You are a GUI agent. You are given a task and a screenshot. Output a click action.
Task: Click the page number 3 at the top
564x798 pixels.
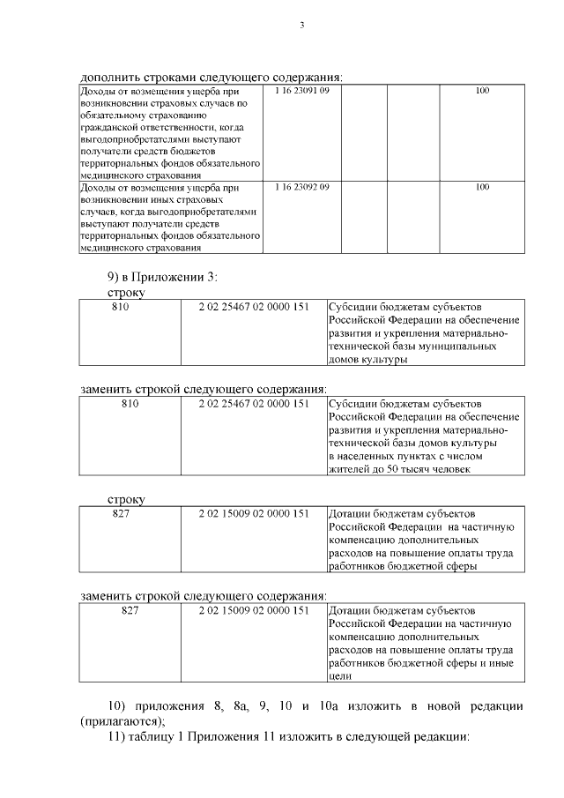click(301, 25)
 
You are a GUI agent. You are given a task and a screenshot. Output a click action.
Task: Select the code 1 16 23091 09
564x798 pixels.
click(301, 91)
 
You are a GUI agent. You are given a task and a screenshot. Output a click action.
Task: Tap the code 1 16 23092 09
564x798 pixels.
click(301, 187)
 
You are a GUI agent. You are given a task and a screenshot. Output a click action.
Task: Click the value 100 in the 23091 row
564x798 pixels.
click(482, 91)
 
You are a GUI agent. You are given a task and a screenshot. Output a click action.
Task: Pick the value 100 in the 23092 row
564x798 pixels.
click(482, 187)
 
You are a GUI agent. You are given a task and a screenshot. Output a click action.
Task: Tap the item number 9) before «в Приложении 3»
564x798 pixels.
click(115, 278)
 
